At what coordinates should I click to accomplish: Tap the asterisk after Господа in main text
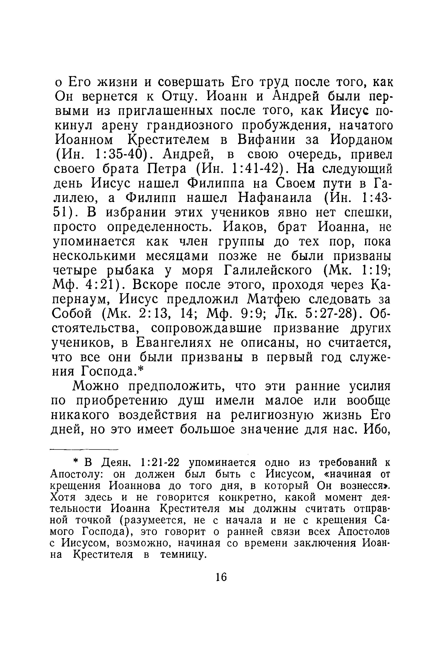[x=141, y=369]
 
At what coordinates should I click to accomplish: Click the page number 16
[x=221, y=584]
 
